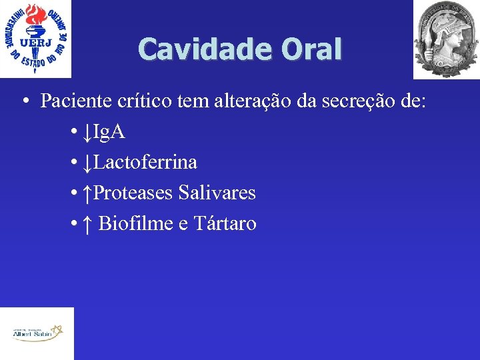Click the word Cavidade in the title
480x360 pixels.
[x=193, y=49]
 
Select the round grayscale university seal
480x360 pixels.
[x=446, y=39]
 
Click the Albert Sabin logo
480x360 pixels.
[x=37, y=333]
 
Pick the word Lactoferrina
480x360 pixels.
[x=146, y=162]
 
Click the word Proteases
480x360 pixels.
[x=133, y=193]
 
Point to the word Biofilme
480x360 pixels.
[x=136, y=223]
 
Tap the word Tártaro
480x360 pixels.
[x=225, y=223]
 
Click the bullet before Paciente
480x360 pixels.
[x=24, y=101]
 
